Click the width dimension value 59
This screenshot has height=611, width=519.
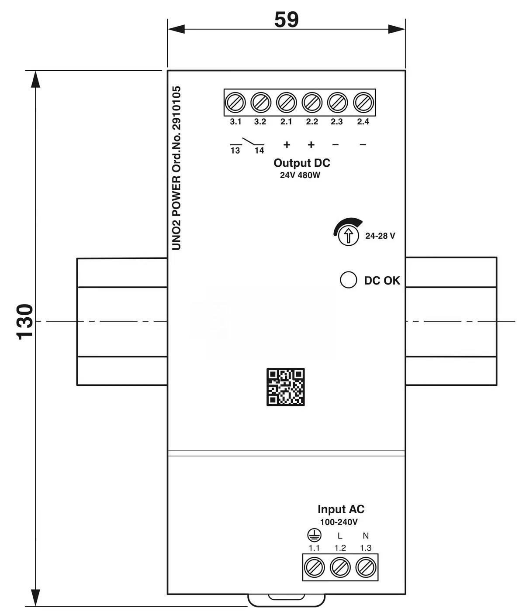286,20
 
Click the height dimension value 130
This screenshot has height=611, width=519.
24,322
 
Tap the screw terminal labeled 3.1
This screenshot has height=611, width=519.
235,103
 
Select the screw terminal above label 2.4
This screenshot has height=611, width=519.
363,103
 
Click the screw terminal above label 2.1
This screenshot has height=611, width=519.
287,103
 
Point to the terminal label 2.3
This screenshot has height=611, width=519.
337,121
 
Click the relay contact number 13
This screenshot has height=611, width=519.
235,151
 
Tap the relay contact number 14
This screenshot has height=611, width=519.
259,151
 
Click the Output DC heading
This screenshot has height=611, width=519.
301,163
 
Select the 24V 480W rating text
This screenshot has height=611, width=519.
300,175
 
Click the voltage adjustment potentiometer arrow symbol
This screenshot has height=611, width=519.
349,236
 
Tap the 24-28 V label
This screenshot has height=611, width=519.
380,236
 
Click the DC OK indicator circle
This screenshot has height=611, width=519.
349,280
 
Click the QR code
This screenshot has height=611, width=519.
286,387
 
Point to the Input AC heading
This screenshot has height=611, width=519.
341,509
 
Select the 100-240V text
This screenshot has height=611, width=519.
339,522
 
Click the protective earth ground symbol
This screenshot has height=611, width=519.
314,535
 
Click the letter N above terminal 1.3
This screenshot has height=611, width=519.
366,535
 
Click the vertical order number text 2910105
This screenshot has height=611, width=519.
176,108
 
